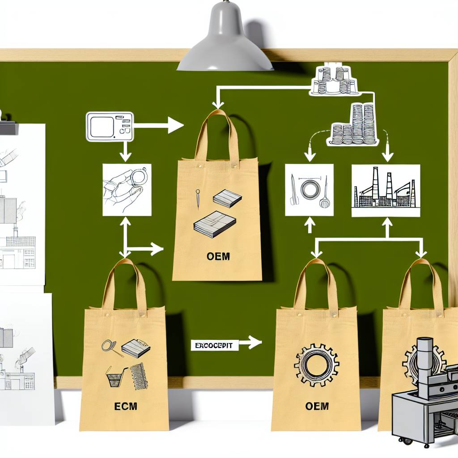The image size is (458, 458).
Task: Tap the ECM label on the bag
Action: point(125,407)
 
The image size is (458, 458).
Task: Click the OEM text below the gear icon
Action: point(317,406)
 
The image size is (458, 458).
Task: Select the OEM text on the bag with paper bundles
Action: point(219,257)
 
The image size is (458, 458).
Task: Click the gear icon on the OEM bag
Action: point(316,365)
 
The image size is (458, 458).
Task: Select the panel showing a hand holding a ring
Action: point(127,190)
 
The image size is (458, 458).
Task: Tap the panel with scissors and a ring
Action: point(309,190)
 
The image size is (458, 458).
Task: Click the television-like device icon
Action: point(110,127)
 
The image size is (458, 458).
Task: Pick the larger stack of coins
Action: point(353,125)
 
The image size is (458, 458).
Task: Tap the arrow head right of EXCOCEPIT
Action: point(254,343)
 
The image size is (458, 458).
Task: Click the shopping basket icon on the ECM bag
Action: point(115,379)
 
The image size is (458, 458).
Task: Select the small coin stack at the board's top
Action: point(334,81)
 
